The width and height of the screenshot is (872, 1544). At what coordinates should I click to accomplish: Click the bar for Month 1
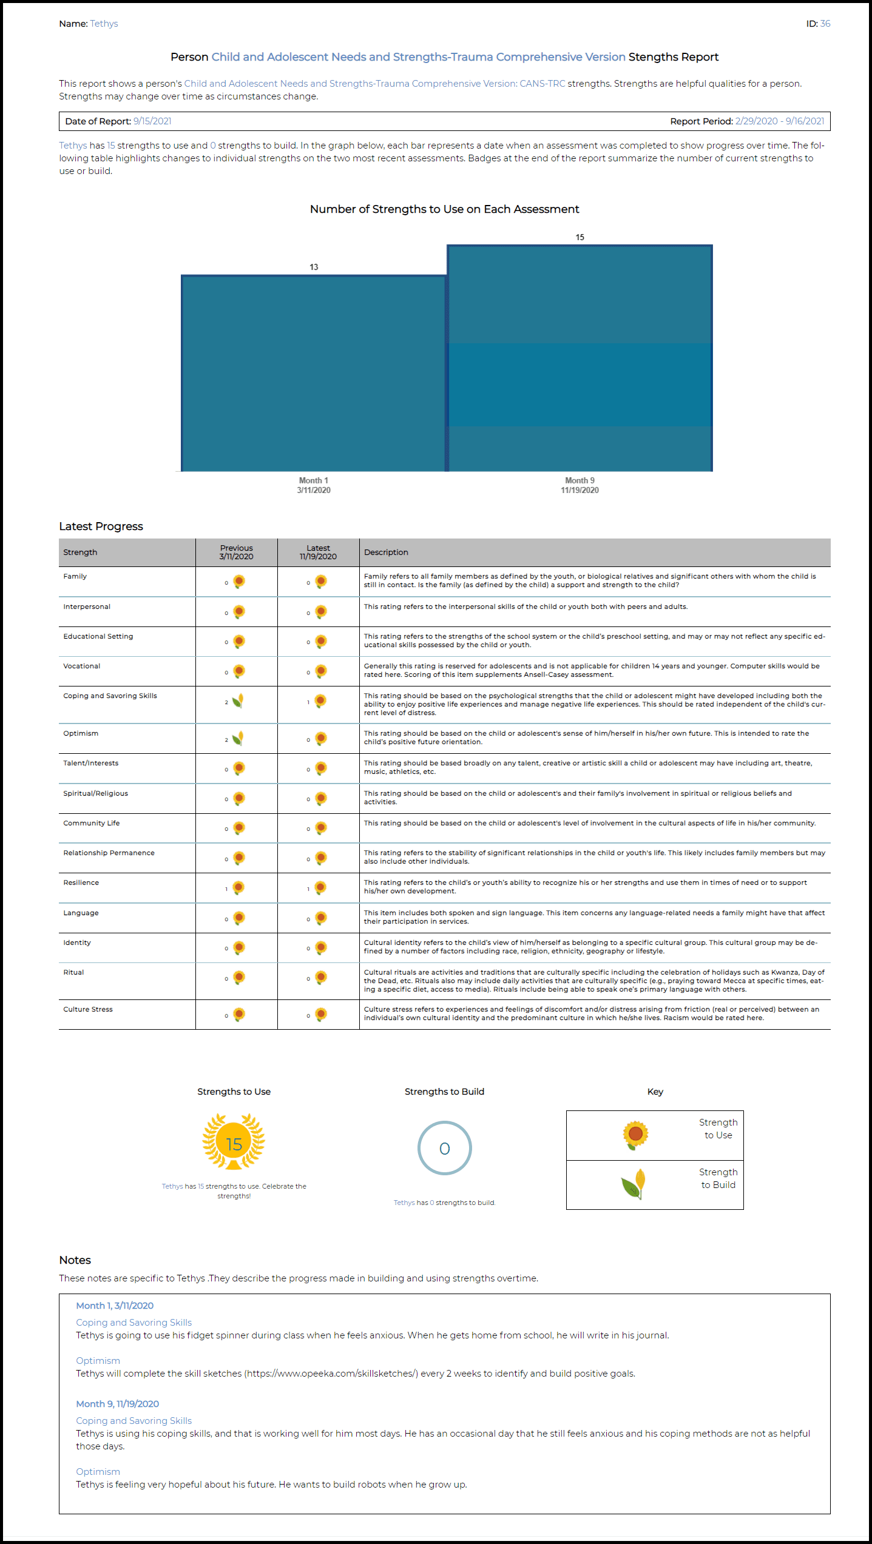[x=314, y=373]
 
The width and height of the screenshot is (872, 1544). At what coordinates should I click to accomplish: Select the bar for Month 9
[x=580, y=358]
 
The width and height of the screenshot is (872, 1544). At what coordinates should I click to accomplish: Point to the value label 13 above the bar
[x=314, y=267]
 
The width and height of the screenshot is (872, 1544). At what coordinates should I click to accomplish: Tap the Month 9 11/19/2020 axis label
[x=580, y=485]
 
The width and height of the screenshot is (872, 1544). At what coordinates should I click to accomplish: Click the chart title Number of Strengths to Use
[x=444, y=209]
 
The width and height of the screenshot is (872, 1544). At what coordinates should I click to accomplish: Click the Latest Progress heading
[x=101, y=526]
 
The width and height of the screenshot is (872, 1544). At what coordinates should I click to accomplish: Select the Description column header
[x=386, y=552]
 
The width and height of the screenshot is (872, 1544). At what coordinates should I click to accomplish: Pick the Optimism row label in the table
[x=81, y=733]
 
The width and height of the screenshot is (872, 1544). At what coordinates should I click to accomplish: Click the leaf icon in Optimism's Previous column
[x=238, y=738]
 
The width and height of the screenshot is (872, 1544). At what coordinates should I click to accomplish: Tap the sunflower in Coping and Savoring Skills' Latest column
[x=320, y=701]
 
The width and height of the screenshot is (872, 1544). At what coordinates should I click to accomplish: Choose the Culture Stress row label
[x=88, y=1009]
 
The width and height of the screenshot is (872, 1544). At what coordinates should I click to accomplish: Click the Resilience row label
[x=81, y=882]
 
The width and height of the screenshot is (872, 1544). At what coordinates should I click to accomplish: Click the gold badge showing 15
[x=234, y=1143]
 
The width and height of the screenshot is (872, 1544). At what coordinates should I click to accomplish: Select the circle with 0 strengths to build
[x=444, y=1148]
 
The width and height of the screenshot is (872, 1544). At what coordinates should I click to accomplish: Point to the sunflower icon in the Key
[x=635, y=1134]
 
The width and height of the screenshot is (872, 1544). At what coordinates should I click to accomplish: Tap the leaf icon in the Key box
[x=634, y=1184]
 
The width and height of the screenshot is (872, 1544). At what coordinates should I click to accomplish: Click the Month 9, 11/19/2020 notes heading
[x=117, y=1404]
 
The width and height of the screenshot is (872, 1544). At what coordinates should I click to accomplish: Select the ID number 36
[x=825, y=24]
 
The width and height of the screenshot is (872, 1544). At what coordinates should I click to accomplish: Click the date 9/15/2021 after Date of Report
[x=152, y=121]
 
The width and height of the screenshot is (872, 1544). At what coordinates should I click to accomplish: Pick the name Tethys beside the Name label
[x=104, y=24]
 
